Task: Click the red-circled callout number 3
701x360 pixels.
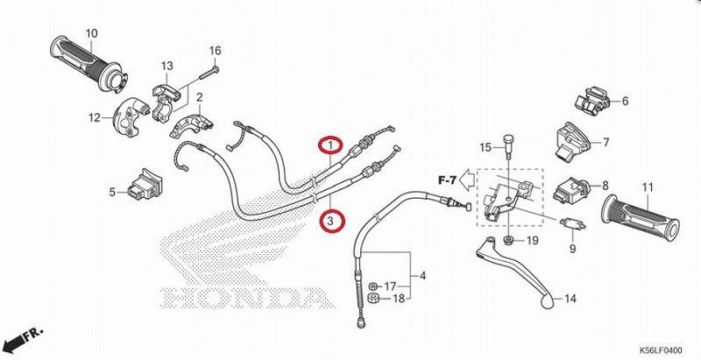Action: tap(330, 222)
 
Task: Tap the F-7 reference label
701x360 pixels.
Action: tap(446, 180)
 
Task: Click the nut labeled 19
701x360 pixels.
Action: tap(508, 239)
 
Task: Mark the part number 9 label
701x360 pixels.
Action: tap(572, 248)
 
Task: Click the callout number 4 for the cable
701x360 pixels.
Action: tap(423, 277)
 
